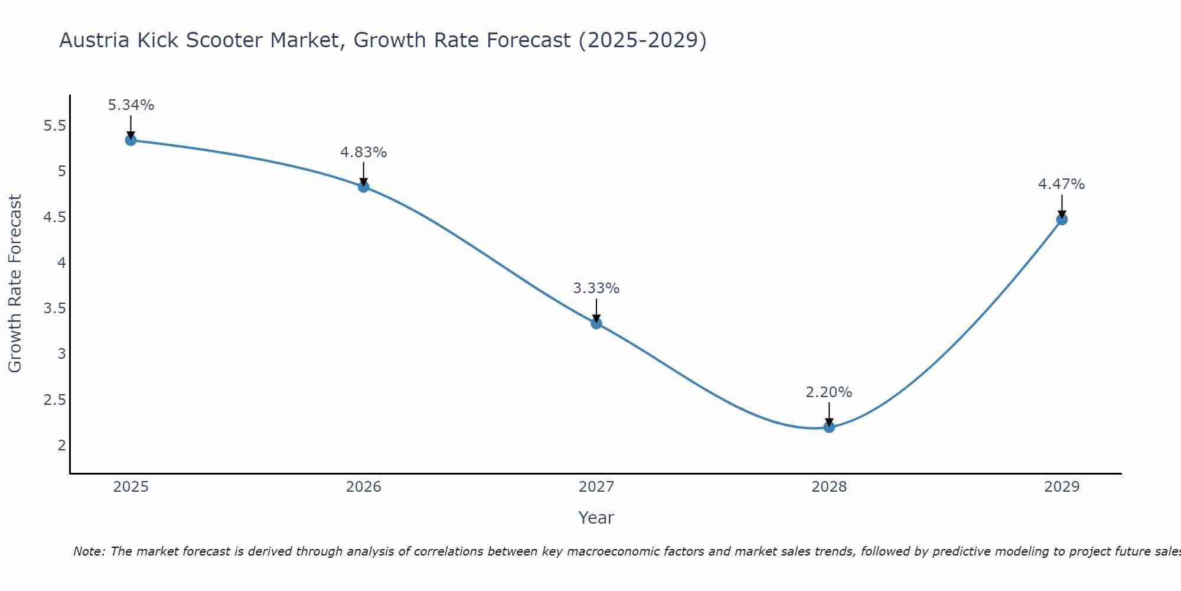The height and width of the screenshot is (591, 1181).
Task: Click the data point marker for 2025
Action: pyautogui.click(x=131, y=140)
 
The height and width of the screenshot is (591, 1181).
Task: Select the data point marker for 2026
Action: pyautogui.click(x=364, y=187)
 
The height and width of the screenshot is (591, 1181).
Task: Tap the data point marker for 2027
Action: pyautogui.click(x=596, y=323)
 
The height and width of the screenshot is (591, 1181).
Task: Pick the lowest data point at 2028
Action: pyautogui.click(x=829, y=427)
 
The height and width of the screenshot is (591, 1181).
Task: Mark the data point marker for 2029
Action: pyautogui.click(x=1062, y=219)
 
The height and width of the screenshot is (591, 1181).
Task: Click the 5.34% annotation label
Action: pyautogui.click(x=131, y=105)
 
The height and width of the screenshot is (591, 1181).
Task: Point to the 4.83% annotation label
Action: pyautogui.click(x=364, y=152)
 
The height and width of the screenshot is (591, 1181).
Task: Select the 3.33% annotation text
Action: pyautogui.click(x=596, y=288)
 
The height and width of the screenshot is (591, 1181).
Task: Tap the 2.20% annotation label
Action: pyautogui.click(x=829, y=392)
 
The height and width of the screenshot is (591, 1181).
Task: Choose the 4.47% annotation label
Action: pyautogui.click(x=1062, y=184)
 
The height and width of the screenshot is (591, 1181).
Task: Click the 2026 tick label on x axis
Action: pyautogui.click(x=364, y=487)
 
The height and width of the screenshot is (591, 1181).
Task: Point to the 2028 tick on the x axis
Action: pyautogui.click(x=829, y=487)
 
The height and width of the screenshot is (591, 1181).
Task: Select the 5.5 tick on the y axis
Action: pyautogui.click(x=55, y=126)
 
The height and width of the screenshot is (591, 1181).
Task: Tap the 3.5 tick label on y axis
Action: pyautogui.click(x=55, y=309)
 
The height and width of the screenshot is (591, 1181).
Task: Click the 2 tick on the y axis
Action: pyautogui.click(x=62, y=445)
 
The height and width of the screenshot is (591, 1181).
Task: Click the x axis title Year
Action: pyautogui.click(x=596, y=518)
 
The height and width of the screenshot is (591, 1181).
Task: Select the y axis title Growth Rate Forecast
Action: pyautogui.click(x=15, y=284)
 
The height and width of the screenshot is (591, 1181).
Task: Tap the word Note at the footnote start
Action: pyautogui.click(x=89, y=551)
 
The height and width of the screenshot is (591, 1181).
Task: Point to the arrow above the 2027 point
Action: pyautogui.click(x=596, y=310)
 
